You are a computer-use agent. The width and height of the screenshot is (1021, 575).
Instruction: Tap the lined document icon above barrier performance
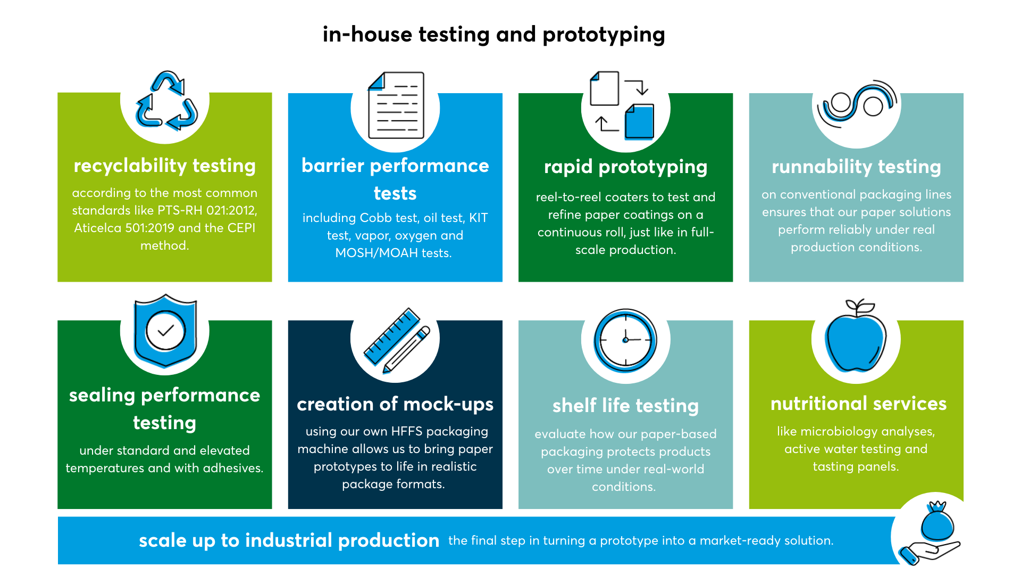pos(396,105)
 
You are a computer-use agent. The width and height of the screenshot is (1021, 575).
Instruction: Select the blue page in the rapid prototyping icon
pos(639,122)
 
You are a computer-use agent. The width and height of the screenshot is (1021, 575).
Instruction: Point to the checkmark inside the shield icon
pos(166,331)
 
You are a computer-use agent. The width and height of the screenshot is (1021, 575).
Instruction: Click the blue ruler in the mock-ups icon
pos(392,336)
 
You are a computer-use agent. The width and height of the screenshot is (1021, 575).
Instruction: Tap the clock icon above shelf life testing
pos(625,340)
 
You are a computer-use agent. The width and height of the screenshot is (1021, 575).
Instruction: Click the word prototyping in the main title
pos(604,35)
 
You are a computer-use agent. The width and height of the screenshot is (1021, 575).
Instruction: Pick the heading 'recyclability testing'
pos(165,166)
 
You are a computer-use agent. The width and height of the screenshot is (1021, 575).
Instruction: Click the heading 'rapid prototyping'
pos(625,167)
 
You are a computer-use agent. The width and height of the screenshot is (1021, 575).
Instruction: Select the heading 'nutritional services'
pos(858,404)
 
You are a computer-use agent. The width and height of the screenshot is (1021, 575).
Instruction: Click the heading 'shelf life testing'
pos(625,406)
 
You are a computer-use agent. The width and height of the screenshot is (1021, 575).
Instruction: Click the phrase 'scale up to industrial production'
pos(289,540)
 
